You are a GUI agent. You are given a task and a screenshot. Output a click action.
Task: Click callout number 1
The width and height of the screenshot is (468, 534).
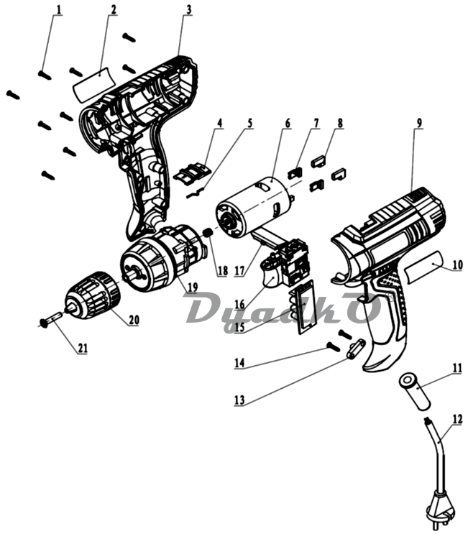pyautogui.click(x=59, y=9)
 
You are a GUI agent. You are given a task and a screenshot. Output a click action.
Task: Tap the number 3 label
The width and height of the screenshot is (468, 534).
pyautogui.click(x=188, y=9)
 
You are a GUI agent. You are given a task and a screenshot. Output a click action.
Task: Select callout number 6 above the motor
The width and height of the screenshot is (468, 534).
pyautogui.click(x=288, y=123)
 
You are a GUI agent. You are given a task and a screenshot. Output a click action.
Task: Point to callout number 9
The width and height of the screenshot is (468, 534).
pyautogui.click(x=419, y=123)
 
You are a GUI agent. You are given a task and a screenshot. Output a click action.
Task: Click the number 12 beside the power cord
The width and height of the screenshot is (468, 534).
pyautogui.click(x=457, y=419)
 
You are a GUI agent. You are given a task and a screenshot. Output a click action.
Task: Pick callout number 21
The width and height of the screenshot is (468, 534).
pyautogui.click(x=83, y=348)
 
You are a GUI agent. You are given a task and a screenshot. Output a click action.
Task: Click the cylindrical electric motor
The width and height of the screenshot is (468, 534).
pyautogui.click(x=255, y=206)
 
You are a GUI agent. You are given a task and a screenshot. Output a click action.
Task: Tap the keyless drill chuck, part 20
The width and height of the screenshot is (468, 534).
pyautogui.click(x=93, y=295)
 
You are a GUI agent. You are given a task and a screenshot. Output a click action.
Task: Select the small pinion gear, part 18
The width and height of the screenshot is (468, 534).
pyautogui.click(x=208, y=234)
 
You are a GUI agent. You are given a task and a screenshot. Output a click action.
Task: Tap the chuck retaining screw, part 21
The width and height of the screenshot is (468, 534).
pyautogui.click(x=50, y=320)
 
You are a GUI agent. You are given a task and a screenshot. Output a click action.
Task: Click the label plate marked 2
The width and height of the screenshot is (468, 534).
pyautogui.click(x=94, y=84)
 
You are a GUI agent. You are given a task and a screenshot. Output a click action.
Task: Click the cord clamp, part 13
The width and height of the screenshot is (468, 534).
pyautogui.click(x=356, y=349)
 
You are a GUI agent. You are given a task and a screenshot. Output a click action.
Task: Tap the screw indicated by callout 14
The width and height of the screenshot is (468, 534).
pyautogui.click(x=334, y=347)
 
